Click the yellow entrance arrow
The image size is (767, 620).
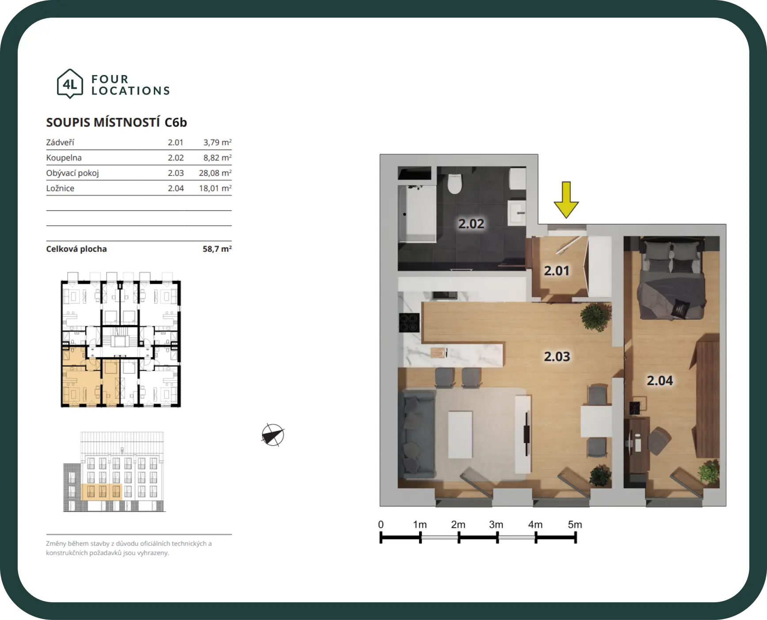tap(566, 200)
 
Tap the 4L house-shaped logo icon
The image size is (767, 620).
tap(70, 83)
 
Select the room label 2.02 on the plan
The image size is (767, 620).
tap(471, 224)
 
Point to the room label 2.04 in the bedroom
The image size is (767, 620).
tap(660, 380)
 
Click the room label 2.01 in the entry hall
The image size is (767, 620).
tap(557, 270)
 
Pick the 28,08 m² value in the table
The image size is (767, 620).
tap(215, 173)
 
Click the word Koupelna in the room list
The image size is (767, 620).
tap(64, 158)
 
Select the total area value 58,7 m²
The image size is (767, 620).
tap(217, 249)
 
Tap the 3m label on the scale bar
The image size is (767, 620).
tap(496, 524)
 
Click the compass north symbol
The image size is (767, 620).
tap(273, 435)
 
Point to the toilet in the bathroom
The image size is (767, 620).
tap(454, 183)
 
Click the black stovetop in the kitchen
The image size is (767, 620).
tap(409, 322)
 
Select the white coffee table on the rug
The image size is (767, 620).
tap(460, 435)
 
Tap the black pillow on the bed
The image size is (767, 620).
tap(680, 308)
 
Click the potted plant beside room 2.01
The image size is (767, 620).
tap(596, 316)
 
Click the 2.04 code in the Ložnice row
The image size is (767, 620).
tap(176, 188)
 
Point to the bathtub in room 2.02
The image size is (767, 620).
tap(417, 214)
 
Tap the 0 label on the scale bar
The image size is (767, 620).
tap(381, 524)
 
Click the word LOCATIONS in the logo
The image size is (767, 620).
tap(131, 91)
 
